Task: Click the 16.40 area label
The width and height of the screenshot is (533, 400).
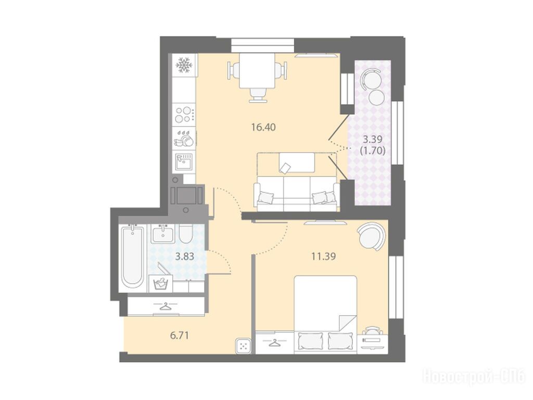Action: (263, 128)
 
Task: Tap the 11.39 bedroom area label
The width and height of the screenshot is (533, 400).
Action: (324, 256)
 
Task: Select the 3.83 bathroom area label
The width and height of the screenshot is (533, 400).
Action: (185, 256)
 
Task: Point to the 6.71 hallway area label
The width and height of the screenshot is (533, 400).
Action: (180, 336)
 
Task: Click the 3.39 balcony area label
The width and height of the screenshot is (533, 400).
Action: (373, 139)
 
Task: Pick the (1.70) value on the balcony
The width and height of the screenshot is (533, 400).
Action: (373, 151)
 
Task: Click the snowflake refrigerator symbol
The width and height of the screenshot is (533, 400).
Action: (184, 65)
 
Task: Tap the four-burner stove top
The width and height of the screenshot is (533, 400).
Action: (184, 115)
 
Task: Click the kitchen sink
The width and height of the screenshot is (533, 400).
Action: (184, 161)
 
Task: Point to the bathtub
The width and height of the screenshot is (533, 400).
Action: (132, 258)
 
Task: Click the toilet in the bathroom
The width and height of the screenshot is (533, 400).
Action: (186, 233)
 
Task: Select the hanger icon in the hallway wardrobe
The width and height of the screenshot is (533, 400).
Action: (166, 306)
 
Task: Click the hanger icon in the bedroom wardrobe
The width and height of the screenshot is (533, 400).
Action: (274, 343)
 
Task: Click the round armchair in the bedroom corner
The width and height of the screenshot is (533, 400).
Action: (371, 236)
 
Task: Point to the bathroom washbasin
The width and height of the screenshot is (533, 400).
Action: (163, 233)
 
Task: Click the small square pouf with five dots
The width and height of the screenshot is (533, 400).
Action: (244, 346)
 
